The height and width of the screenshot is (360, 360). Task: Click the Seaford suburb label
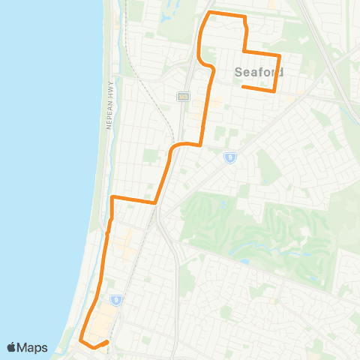point(259,73)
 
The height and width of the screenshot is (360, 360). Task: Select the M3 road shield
point(182,96)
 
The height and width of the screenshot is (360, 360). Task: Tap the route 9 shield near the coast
point(116,300)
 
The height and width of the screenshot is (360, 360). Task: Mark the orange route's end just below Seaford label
point(243,86)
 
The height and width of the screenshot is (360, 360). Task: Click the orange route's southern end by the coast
point(108,342)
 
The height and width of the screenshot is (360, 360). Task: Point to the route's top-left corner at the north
point(209,13)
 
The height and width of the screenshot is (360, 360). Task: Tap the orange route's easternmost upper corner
point(279,55)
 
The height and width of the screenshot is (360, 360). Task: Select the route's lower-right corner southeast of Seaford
point(275,91)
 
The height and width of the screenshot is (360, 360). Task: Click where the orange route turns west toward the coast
point(154,202)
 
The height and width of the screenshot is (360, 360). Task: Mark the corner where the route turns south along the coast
point(112,197)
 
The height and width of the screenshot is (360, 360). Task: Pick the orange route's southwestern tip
point(80,340)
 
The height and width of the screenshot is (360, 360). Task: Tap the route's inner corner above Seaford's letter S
point(244,51)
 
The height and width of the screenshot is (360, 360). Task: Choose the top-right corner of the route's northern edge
point(243,16)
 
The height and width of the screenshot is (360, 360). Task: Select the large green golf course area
point(247,225)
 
